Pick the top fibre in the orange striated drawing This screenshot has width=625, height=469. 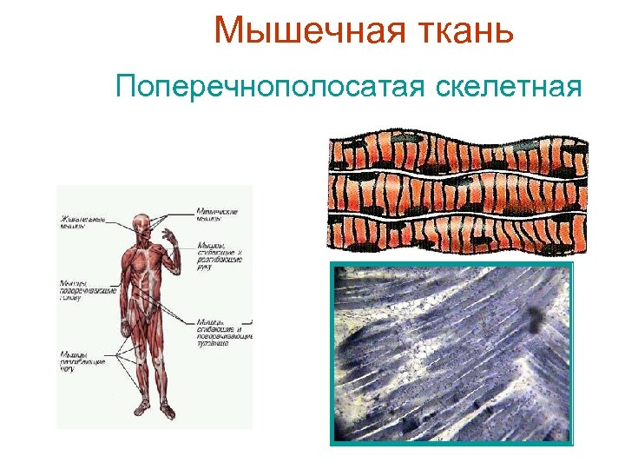tap(456, 155)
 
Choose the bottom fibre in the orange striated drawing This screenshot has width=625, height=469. tap(456, 233)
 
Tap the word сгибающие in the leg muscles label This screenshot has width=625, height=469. tap(82, 361)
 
